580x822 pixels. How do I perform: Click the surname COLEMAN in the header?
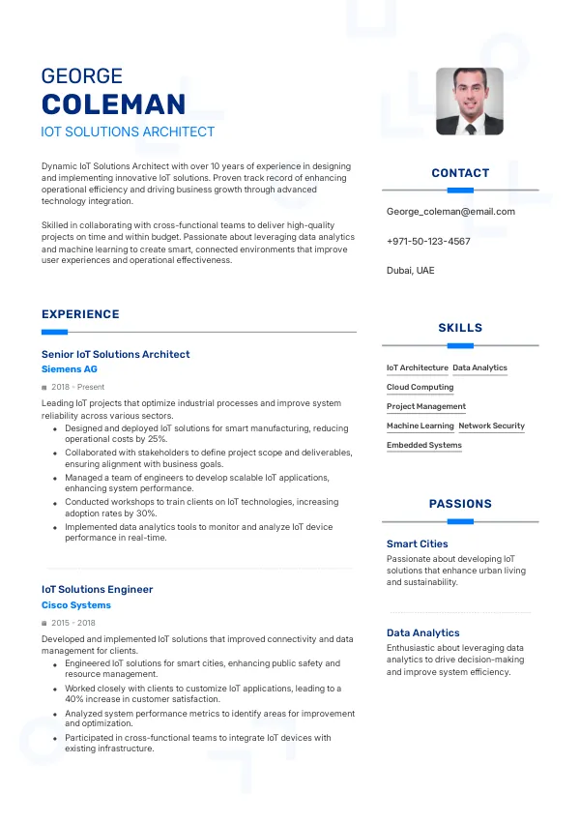[x=113, y=104]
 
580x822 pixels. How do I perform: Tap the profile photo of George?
[x=470, y=102]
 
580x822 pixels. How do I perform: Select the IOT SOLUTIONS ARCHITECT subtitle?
[x=128, y=132]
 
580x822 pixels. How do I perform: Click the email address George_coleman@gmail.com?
[x=450, y=212]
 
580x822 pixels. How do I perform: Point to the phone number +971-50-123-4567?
[x=428, y=241]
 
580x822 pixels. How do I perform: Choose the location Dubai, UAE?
[x=411, y=271]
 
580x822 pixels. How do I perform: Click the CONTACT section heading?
[x=460, y=173]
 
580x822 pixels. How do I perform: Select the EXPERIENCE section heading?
[x=80, y=314]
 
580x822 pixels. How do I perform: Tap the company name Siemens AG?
[x=70, y=369]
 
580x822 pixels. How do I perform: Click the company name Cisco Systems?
[x=76, y=605]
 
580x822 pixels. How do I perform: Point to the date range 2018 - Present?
[x=77, y=387]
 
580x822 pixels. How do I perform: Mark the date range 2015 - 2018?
[x=73, y=623]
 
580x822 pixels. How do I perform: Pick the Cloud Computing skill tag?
[x=420, y=387]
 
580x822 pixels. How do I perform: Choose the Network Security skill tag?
[x=491, y=426]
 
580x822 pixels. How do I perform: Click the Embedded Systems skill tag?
[x=424, y=445]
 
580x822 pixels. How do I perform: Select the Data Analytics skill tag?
[x=479, y=367]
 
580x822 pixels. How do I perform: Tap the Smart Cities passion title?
[x=418, y=544]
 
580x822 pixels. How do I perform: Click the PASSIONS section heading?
[x=460, y=504]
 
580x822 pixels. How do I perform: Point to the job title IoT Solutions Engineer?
[x=97, y=589]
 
